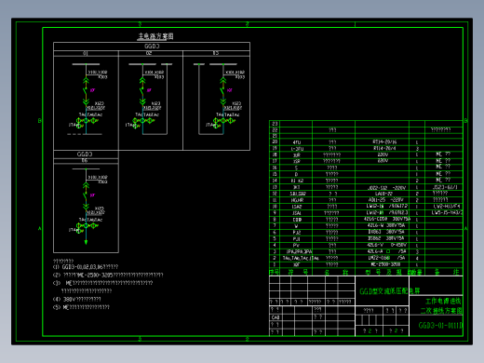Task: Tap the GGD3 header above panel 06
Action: pyautogui.click(x=84, y=154)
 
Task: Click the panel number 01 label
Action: pyautogui.click(x=85, y=53)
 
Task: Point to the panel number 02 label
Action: pyautogui.click(x=149, y=53)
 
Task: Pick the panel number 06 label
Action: pyautogui.click(x=85, y=161)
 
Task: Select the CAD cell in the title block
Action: pyautogui.click(x=276, y=317)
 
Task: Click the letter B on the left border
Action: pyautogui.click(x=37, y=121)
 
